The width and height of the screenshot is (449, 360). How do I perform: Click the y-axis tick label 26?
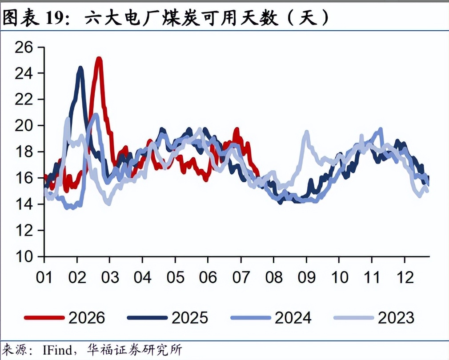(x=24, y=48)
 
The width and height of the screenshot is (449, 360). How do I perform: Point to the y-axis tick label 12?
(x=24, y=231)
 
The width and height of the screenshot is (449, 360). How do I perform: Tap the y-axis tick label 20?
(x=24, y=126)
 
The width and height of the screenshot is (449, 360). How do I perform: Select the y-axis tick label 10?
(x=24, y=257)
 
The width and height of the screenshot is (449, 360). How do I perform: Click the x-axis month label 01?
(x=44, y=277)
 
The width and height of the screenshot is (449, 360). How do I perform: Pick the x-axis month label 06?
(x=208, y=277)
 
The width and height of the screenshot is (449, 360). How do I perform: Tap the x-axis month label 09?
(x=306, y=277)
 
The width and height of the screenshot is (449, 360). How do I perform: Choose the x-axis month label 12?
(x=405, y=277)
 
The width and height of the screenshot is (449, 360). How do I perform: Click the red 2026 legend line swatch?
(x=44, y=317)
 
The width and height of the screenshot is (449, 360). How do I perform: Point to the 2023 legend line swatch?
(x=354, y=317)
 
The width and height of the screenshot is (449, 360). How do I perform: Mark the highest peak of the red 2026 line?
(x=99, y=59)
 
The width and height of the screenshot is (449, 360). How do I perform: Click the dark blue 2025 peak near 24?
(x=80, y=68)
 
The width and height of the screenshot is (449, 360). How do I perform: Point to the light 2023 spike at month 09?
(x=306, y=132)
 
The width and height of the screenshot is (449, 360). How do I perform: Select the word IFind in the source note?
(x=57, y=350)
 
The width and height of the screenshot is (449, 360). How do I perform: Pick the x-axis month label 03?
(x=110, y=277)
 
